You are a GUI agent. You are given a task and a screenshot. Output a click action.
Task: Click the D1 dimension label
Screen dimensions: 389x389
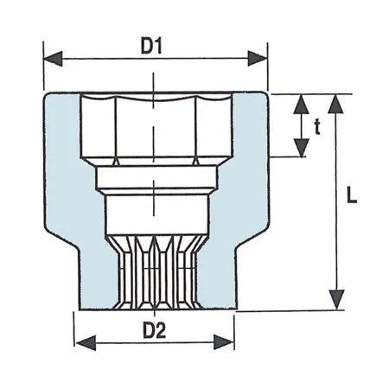coord(153,45)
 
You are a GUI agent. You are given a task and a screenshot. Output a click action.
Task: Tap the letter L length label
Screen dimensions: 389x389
coord(350,195)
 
